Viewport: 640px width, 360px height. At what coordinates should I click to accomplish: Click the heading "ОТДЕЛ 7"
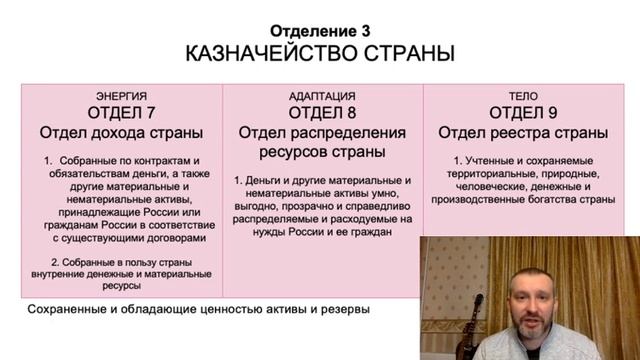coord(121,112)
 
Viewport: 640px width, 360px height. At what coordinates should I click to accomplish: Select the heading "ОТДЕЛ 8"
coord(321,112)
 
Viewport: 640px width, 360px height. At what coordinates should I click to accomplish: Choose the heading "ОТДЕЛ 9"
coord(521,112)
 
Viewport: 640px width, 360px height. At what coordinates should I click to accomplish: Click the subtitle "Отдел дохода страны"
coord(121,134)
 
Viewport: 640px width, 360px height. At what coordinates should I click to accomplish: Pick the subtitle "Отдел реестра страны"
coord(521,134)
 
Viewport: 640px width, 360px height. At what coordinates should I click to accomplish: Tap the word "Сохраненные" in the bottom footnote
coord(71,310)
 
